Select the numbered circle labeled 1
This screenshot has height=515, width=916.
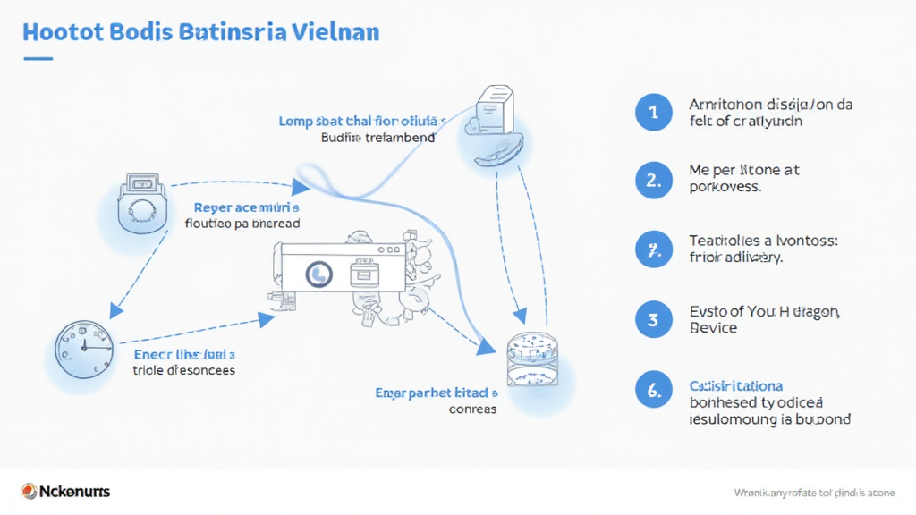653,113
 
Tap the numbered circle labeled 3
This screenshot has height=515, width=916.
653,319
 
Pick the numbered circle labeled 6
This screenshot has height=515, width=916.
653,390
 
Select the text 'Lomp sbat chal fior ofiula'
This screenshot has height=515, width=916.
362,121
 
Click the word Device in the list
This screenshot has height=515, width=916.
714,328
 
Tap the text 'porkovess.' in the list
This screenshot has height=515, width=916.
725,188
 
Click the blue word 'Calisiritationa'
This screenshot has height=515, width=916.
736,385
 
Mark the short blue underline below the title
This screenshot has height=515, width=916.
38,59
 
